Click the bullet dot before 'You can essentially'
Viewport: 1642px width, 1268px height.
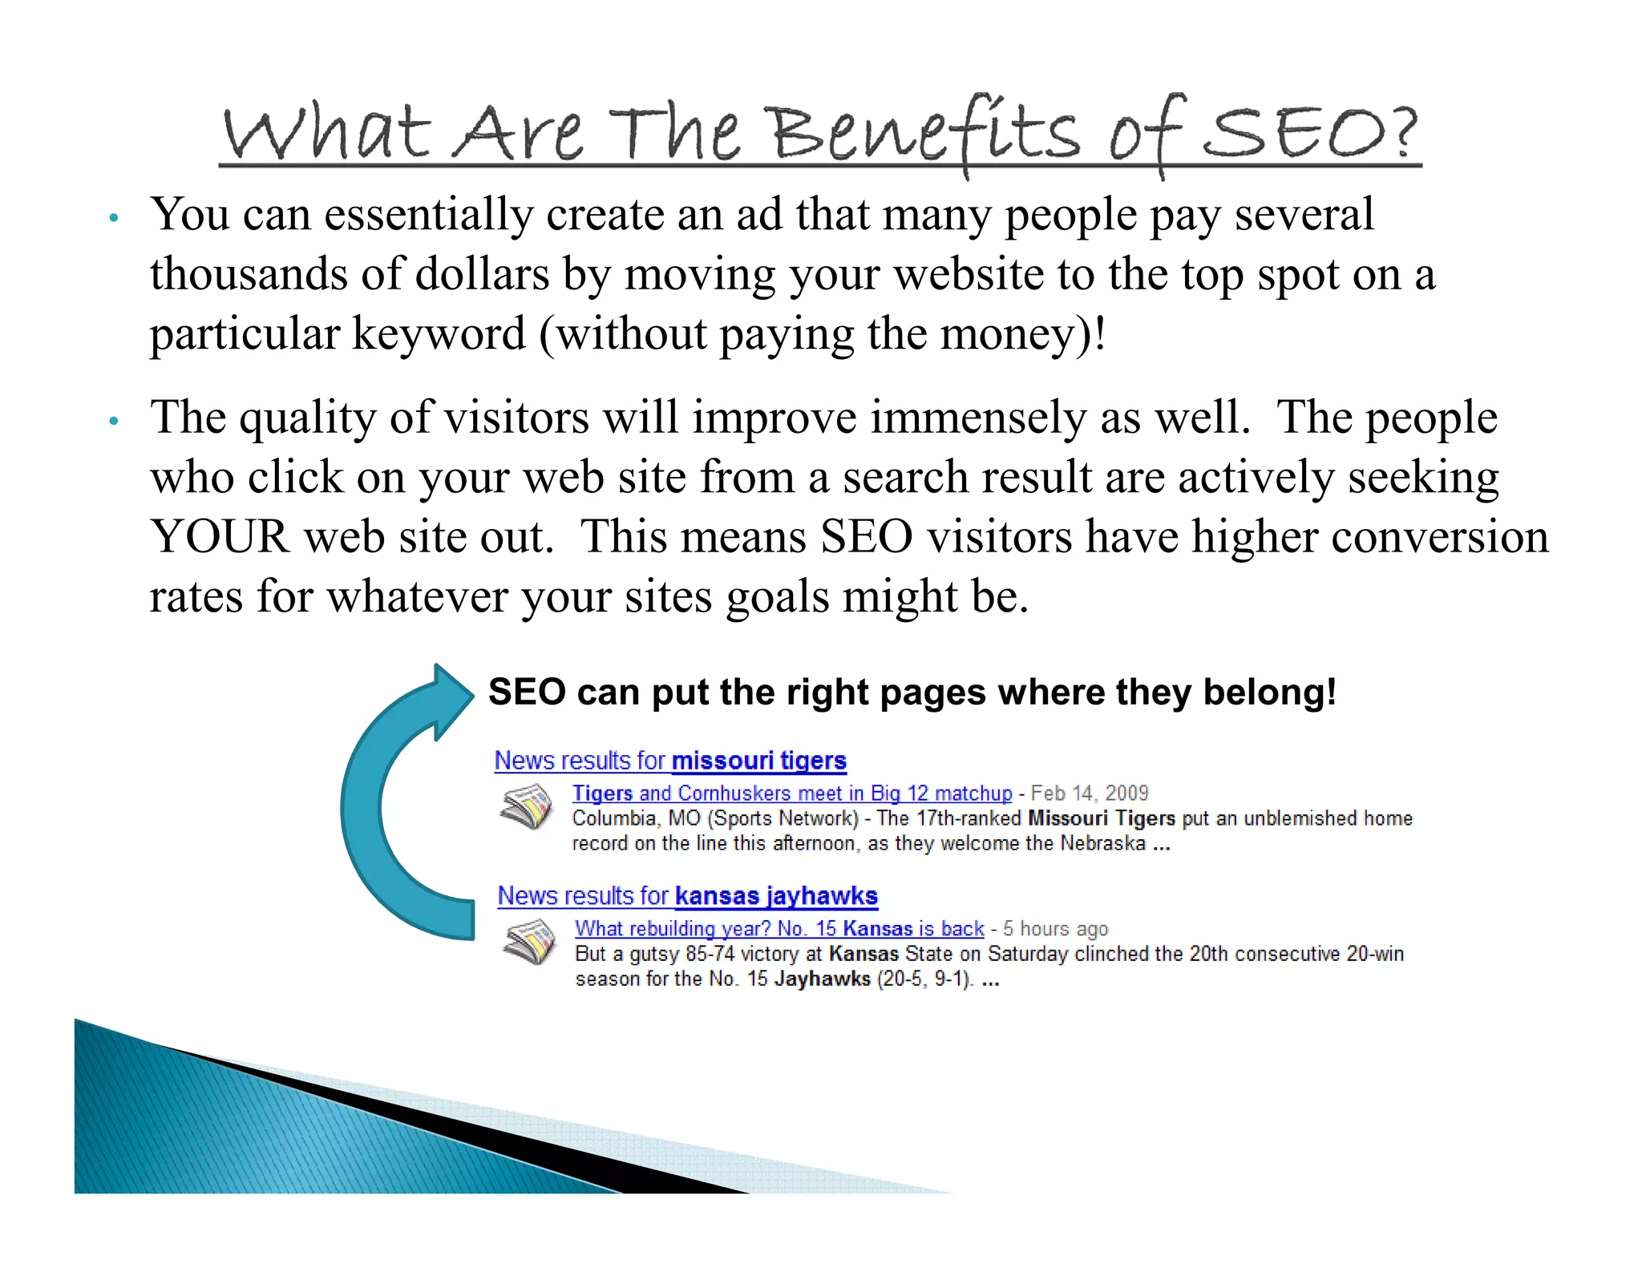point(114,218)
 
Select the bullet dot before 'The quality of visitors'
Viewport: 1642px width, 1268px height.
point(114,421)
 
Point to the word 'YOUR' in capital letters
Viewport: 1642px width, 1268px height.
point(219,536)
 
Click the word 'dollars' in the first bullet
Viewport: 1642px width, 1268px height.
point(482,274)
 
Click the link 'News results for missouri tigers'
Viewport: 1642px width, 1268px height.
point(670,760)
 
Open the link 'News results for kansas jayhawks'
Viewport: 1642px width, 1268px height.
point(687,895)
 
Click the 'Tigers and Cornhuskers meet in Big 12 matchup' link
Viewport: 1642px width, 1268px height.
point(791,794)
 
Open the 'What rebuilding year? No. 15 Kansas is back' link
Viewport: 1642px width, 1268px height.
point(779,929)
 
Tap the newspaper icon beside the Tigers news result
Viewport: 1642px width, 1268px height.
point(526,807)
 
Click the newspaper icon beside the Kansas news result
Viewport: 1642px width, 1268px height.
point(529,942)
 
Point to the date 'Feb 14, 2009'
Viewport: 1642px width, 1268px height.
point(1089,794)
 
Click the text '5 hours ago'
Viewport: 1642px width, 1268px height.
point(1055,929)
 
